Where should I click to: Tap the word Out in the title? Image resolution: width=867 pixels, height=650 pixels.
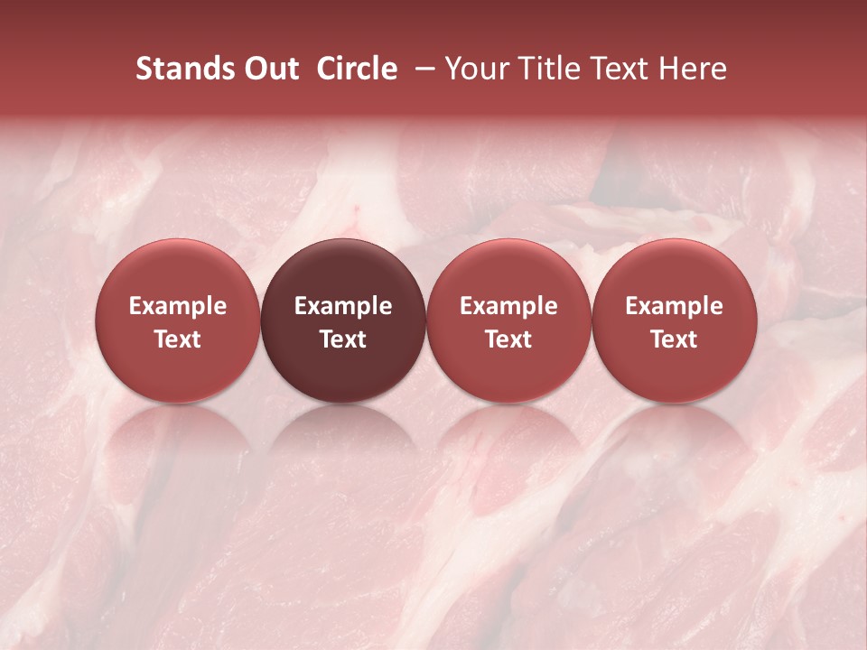[270, 69]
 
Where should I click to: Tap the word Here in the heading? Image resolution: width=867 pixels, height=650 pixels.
[694, 69]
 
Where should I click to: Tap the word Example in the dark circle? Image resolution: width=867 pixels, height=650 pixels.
[343, 306]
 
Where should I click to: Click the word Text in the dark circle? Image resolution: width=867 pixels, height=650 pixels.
[343, 339]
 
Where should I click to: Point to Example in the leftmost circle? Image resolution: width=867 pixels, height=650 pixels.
[178, 306]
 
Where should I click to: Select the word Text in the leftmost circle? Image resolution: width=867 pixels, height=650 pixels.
[178, 339]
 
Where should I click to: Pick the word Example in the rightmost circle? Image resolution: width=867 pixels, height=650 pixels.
[675, 306]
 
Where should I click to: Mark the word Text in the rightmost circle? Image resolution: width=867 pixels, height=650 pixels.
[675, 339]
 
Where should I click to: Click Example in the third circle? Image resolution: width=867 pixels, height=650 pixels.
[508, 306]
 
